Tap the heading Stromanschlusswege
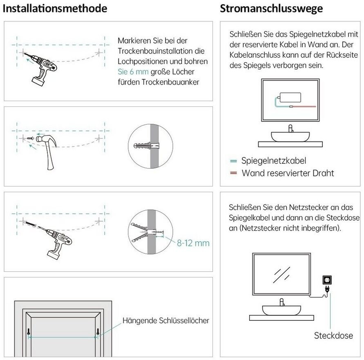[271, 8]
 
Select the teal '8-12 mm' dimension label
[193, 243]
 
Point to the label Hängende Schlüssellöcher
[166, 320]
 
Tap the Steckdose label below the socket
[333, 335]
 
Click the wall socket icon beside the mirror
[327, 280]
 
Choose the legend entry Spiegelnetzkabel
[274, 161]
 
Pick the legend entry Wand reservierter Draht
[288, 173]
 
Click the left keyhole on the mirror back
[29, 332]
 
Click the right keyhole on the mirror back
[98, 332]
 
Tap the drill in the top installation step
[43, 68]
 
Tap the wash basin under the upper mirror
[290, 136]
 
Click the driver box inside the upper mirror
[290, 97]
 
